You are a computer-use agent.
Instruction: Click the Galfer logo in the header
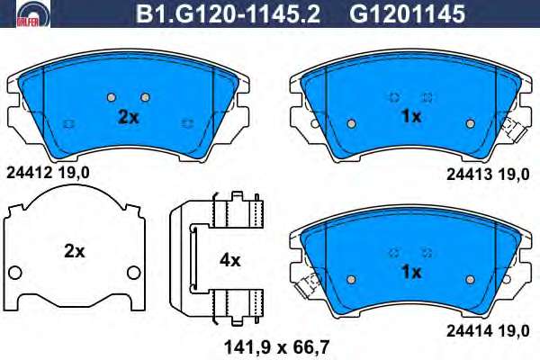pyautogui.click(x=33, y=13)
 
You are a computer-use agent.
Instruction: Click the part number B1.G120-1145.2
pyautogui.click(x=228, y=14)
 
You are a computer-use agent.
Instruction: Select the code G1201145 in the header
pyautogui.click(x=408, y=14)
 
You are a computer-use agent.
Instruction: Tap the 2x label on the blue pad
pyautogui.click(x=128, y=118)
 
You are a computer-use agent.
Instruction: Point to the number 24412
pyautogui.click(x=29, y=173)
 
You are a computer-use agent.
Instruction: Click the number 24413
pyautogui.click(x=469, y=175)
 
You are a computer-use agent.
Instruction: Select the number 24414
pyautogui.click(x=469, y=331)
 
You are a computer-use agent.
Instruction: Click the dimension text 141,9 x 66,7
pyautogui.click(x=276, y=347)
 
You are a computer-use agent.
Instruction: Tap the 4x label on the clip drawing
pyautogui.click(x=230, y=261)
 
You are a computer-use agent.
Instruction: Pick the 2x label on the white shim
pyautogui.click(x=74, y=252)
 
